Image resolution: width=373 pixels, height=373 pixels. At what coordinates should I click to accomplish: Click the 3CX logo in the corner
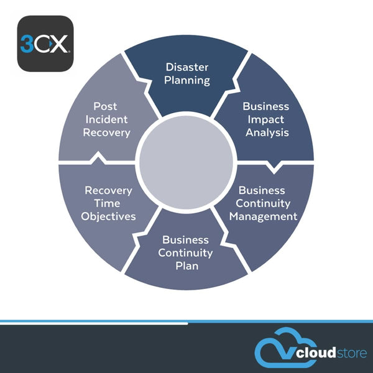click(x=45, y=44)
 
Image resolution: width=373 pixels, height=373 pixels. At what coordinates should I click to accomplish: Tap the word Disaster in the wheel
click(x=187, y=67)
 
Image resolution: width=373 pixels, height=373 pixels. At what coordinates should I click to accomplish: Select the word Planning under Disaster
click(x=187, y=80)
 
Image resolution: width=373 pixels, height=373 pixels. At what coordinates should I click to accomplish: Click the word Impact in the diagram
click(x=265, y=119)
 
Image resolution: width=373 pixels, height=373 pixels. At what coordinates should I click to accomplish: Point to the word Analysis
click(x=267, y=132)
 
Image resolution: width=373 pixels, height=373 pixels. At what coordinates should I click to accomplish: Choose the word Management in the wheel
click(x=263, y=216)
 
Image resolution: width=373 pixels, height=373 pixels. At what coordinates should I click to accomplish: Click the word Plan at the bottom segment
click(x=186, y=265)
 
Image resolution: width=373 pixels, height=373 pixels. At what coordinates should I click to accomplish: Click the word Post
click(x=106, y=106)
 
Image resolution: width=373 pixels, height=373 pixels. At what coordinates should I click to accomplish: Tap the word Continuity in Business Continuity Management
click(x=264, y=203)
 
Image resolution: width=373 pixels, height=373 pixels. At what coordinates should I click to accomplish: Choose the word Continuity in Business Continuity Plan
click(x=185, y=252)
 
